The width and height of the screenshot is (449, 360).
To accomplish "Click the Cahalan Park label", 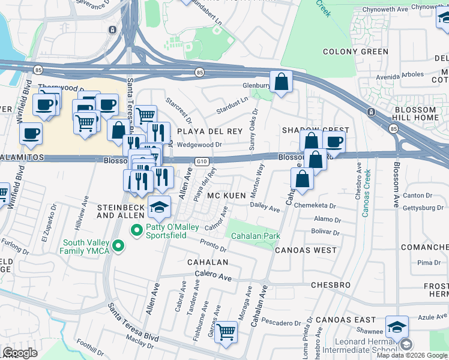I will click(x=256, y=236).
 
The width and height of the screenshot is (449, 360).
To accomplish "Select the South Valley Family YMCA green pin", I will click(x=119, y=245).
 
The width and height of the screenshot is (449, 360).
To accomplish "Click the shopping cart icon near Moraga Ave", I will click(x=226, y=331).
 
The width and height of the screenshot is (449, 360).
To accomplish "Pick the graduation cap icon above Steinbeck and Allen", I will click(x=159, y=207).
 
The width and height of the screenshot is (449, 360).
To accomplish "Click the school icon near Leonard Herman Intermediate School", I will click(x=397, y=327).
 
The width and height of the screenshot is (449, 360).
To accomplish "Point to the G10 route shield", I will click(x=202, y=161).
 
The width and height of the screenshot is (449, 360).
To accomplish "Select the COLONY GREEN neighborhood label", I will click(x=355, y=52).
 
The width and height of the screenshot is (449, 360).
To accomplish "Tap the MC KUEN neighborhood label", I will click(x=228, y=196).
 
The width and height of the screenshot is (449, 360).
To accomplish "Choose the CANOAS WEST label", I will click(x=306, y=250).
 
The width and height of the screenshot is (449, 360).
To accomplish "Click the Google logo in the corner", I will click(x=20, y=353).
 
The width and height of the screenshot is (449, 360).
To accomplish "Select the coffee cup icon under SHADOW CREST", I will click(x=334, y=142).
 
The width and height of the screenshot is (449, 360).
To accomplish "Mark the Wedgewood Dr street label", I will click(x=200, y=145).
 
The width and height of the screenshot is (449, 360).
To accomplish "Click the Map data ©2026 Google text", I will click(x=411, y=355).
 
